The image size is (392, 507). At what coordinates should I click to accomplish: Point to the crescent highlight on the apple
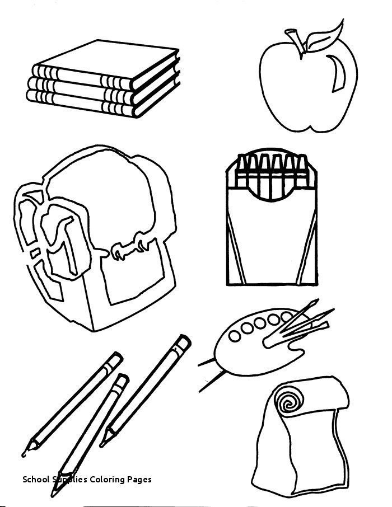[x=338, y=75]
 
